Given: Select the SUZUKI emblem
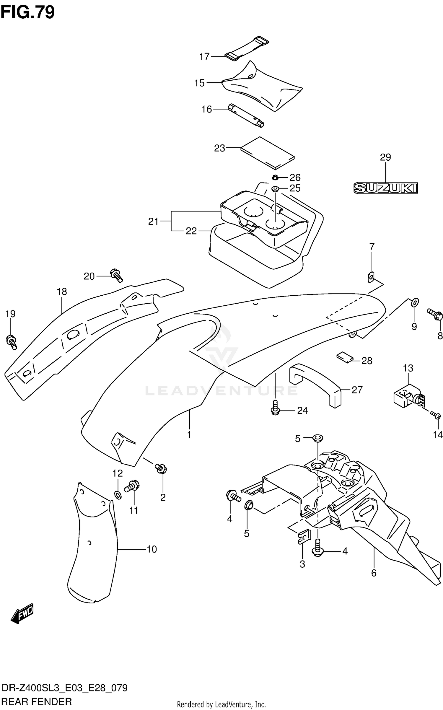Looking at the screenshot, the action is pos(386,188).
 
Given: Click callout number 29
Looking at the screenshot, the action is pos(385,157).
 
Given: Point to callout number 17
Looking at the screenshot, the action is pos(204,56).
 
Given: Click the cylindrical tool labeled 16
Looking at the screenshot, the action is pos(245,116).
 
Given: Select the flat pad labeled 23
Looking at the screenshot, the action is pos(268,153).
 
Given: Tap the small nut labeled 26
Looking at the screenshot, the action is pos(275,177).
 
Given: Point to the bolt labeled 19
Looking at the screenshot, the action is pos(12,342).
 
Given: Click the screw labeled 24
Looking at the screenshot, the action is pos(275,408).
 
